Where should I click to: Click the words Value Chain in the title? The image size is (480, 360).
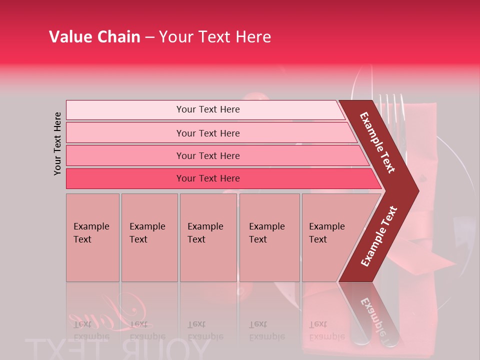click(x=94, y=37)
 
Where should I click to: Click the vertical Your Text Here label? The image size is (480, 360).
click(x=57, y=143)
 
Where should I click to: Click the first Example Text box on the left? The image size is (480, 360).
click(x=92, y=237)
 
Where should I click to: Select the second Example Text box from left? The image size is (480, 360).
click(x=149, y=237)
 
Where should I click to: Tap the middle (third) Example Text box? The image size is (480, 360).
click(x=208, y=237)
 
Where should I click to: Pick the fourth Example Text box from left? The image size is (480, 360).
click(x=269, y=237)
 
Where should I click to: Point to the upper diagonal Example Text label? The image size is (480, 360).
click(x=377, y=142)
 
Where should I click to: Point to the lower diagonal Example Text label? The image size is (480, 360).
click(x=379, y=236)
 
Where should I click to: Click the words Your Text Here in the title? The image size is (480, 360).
click(x=215, y=37)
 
